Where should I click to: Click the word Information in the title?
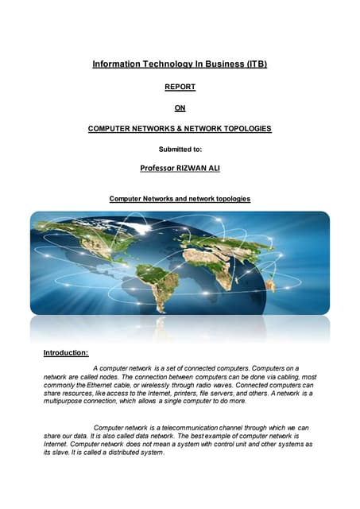click(116, 63)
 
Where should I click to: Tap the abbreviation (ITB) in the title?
click(251, 63)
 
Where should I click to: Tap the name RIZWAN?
click(192, 168)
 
